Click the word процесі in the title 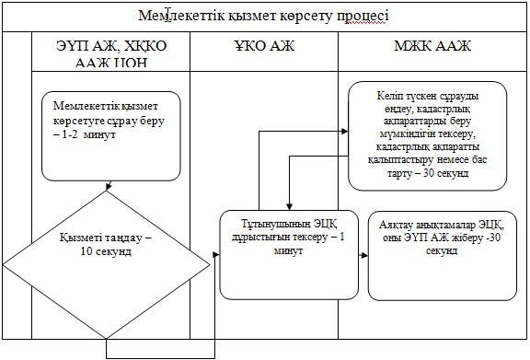click(363, 16)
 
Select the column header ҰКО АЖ click(264, 46)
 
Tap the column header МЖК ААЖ click(432, 46)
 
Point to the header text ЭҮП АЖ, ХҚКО click(111, 46)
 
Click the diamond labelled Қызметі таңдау click(106, 264)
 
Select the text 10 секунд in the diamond click(106, 251)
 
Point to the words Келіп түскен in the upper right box click(410, 96)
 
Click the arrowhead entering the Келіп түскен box click(345, 132)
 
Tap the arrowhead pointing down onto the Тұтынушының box click(289, 207)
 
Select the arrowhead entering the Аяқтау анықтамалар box click(364, 255)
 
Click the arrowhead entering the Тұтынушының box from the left click(216, 254)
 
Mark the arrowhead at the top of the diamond click(109, 186)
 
